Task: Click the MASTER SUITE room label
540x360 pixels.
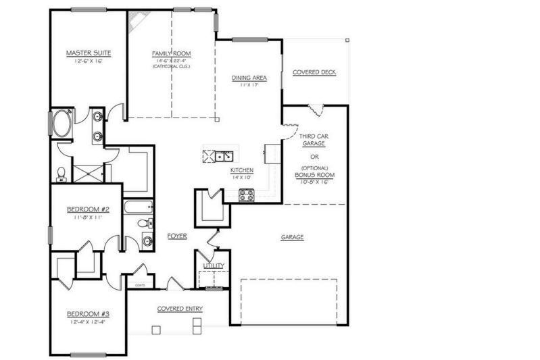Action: tap(88, 53)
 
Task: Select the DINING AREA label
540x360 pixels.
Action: tap(249, 78)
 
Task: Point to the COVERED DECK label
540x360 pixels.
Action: tap(314, 72)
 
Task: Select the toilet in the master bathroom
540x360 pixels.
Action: tap(61, 174)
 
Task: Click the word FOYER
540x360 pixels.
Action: tap(177, 236)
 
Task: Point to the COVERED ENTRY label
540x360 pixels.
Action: tap(180, 309)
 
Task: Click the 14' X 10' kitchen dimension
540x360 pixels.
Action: tap(241, 176)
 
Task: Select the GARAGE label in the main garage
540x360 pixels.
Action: tap(292, 237)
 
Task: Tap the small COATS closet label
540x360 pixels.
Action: tap(141, 286)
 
